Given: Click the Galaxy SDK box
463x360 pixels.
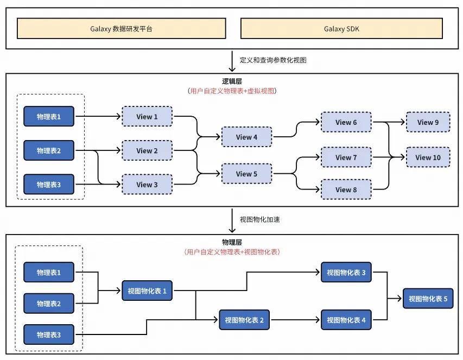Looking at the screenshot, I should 341,29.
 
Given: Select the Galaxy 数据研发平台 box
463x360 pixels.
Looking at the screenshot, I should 121,29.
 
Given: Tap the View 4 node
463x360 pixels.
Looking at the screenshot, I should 246,137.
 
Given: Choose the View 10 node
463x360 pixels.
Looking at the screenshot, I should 428,157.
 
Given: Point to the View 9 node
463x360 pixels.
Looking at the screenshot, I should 428,122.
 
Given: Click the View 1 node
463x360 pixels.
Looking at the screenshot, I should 147,117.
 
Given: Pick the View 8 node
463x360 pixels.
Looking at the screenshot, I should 346,190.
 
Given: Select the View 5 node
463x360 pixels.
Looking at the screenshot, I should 246,174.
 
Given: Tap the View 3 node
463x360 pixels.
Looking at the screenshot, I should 147,185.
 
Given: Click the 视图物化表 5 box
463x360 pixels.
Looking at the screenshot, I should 428,299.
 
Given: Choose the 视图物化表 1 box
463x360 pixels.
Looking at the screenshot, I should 147,291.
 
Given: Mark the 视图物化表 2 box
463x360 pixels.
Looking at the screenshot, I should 244,320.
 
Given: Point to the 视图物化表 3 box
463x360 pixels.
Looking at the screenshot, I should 346,273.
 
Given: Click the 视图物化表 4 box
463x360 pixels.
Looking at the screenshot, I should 346,320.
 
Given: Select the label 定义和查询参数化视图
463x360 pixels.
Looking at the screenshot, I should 273,60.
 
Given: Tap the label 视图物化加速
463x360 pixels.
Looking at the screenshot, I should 259,220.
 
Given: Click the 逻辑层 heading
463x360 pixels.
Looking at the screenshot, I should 232,81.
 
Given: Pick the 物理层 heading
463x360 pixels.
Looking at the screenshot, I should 232,242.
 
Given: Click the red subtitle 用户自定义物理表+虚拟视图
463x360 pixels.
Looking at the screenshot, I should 232,91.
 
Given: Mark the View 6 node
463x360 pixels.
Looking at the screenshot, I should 346,122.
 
